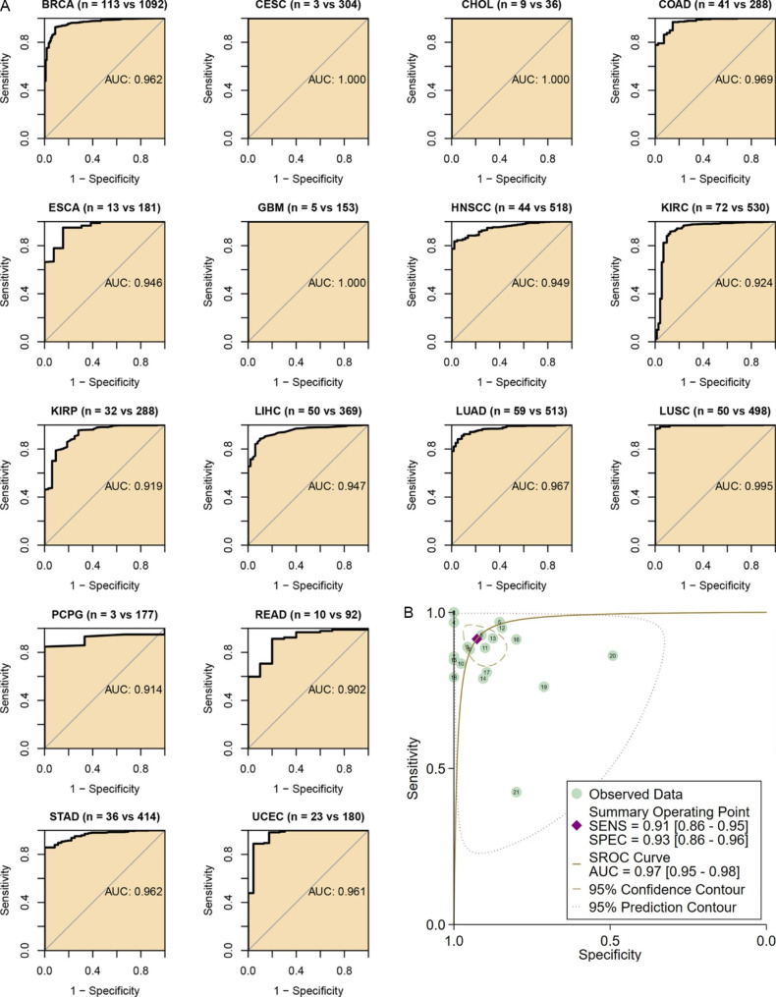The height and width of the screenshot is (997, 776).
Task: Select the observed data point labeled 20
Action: click(612, 655)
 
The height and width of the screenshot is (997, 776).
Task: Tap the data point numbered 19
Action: click(543, 687)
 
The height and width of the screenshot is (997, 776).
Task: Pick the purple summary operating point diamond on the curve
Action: click(477, 639)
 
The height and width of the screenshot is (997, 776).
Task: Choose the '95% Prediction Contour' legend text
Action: click(662, 907)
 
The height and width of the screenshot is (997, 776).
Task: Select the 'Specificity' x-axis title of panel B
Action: click(610, 954)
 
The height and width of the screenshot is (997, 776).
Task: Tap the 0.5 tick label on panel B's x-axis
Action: click(610, 939)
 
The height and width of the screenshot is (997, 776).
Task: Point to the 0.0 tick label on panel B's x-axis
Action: click(765, 939)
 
